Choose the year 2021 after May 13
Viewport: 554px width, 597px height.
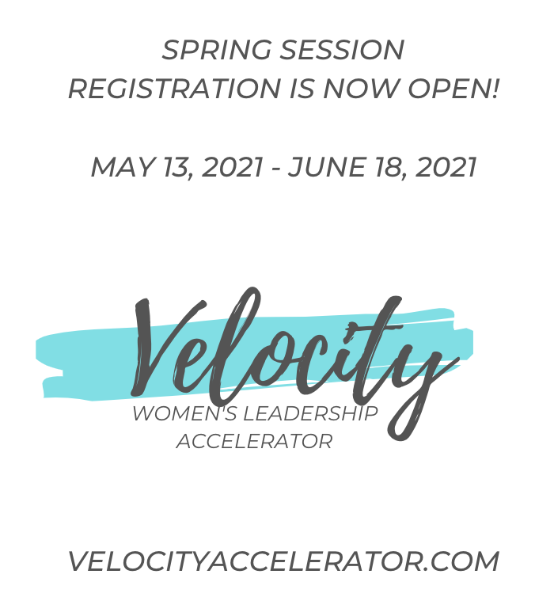point(232,167)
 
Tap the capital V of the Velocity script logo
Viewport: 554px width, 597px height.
point(170,344)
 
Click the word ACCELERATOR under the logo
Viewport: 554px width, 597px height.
point(254,442)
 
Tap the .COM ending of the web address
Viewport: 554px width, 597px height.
point(465,561)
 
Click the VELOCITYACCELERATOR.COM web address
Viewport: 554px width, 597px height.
point(283,561)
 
